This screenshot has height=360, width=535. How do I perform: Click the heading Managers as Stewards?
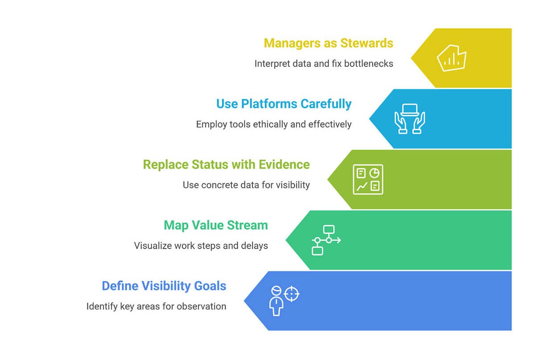pos(328,43)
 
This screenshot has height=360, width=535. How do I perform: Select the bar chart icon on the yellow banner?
pos(451,58)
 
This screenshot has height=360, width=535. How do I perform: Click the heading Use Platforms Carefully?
pos(284,104)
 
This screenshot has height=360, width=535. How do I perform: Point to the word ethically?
pos(270,124)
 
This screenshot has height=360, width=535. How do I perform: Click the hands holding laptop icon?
pos(409,119)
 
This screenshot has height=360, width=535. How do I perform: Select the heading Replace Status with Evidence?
pos(226,164)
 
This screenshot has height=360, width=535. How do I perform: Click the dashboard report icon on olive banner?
pos(368,180)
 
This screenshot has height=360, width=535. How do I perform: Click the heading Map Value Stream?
pos(216,225)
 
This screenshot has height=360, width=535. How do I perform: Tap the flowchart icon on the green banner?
pos(325,240)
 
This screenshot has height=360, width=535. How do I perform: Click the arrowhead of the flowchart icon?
pos(339,240)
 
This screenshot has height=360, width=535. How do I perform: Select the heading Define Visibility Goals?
pos(164,286)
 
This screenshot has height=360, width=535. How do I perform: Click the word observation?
pos(203,307)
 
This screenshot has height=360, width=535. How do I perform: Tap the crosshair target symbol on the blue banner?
pos(291,294)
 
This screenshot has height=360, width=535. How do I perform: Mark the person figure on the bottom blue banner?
pos(276,301)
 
